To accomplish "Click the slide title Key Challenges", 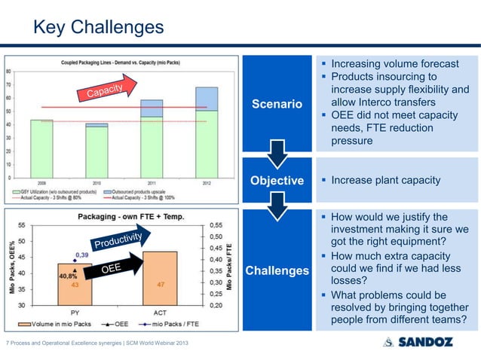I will (97, 28).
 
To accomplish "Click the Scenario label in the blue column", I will (280, 102).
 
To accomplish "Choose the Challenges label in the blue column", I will (280, 270).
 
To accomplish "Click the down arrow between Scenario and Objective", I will (280, 154).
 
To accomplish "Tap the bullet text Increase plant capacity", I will (391, 181).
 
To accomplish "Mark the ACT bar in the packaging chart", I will (159, 278).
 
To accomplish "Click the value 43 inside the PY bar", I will (74, 285).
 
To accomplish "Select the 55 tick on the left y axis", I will (24, 225).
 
